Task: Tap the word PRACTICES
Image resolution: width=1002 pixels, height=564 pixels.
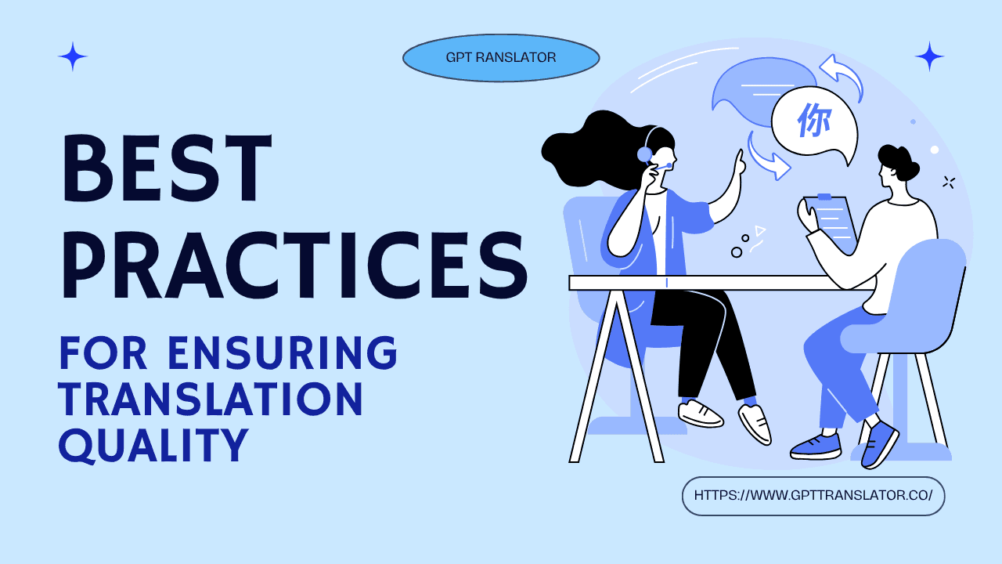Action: pos(294,261)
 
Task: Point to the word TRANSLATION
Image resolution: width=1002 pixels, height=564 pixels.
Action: pos(211,399)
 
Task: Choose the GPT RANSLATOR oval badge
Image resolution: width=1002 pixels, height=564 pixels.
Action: pos(501,58)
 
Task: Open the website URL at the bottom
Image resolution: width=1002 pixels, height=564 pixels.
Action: pos(813,496)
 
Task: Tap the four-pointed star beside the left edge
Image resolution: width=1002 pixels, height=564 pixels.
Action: pos(73,57)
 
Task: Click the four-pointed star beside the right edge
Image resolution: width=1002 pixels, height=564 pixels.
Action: pos(929,56)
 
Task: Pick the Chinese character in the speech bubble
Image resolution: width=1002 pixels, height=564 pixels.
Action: pos(814,121)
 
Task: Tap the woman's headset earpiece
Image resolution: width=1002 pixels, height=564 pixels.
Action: pos(645,154)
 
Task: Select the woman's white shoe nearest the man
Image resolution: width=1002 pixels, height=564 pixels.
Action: pos(755,423)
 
